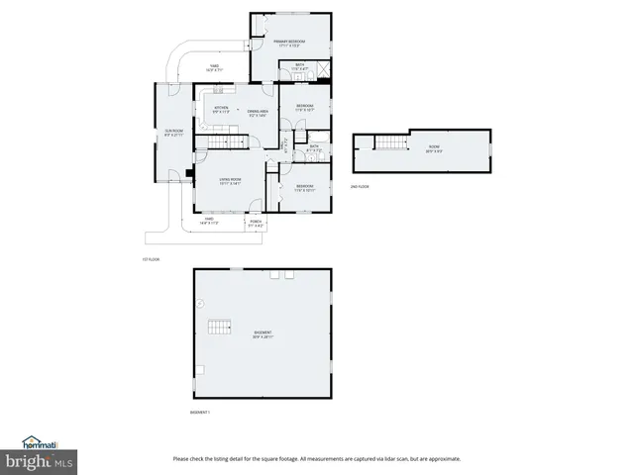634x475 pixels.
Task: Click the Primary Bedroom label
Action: [289, 43]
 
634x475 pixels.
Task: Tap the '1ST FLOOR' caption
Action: [151, 259]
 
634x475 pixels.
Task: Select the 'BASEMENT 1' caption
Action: [200, 411]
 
